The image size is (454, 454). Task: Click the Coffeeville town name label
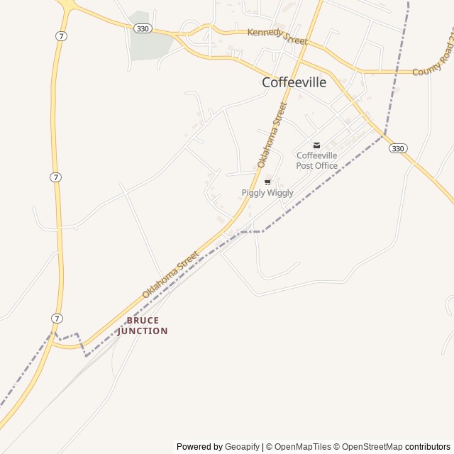pos(294,82)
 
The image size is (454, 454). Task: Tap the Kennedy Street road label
pos(277,36)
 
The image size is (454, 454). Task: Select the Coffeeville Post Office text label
pos(317,160)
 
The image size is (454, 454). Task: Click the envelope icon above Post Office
pos(316,145)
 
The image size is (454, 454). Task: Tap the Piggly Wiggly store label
pos(267,193)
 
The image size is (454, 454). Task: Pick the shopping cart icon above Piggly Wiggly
pos(267,182)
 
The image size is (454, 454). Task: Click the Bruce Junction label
pos(143,326)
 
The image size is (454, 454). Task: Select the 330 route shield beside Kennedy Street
pos(143,28)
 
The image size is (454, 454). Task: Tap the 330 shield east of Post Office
pos(398,148)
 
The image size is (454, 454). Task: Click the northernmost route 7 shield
pos(63,36)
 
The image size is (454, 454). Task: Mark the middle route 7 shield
pos(55,177)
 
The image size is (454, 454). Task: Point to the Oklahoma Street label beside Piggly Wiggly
pos(273,134)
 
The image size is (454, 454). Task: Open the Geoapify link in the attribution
pos(243,447)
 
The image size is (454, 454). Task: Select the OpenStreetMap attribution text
pos(373,447)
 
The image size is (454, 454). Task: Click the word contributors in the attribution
pos(428,447)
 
